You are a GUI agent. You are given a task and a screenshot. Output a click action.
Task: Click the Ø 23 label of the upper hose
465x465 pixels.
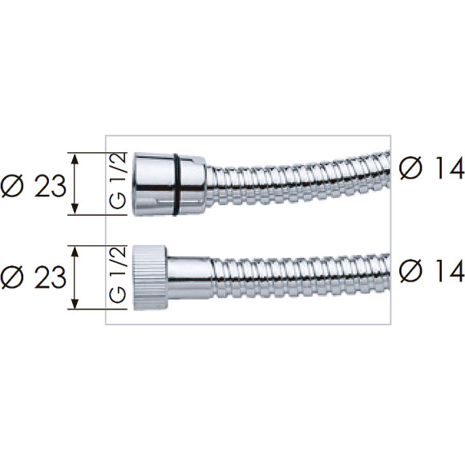[33, 186]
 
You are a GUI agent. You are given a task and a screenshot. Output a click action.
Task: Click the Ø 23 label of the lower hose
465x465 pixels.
[33, 277]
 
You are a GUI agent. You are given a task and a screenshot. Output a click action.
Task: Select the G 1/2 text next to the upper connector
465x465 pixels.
[118, 181]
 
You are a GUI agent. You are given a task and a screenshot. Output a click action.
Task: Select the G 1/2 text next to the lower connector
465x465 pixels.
[118, 275]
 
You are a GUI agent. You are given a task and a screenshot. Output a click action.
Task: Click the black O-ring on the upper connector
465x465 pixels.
[176, 184]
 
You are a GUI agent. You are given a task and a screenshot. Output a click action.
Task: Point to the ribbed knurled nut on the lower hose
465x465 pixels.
[150, 278]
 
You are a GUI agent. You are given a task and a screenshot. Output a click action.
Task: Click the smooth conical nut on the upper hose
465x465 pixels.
[169, 184]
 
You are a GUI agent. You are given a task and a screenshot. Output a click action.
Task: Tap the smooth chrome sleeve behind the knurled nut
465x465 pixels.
[190, 278]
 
